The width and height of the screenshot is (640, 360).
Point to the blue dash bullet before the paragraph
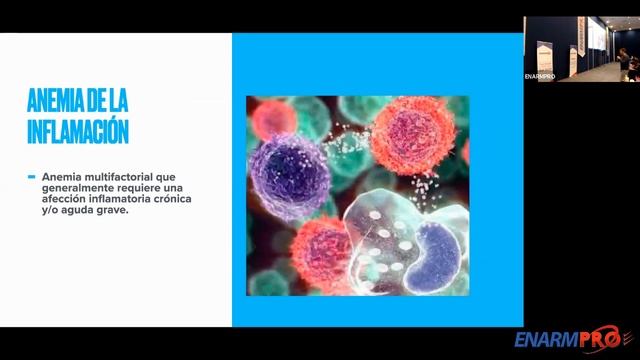coord(32,176)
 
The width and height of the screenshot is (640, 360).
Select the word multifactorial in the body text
coord(120,175)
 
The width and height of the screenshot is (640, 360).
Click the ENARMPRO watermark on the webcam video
coord(540,75)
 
